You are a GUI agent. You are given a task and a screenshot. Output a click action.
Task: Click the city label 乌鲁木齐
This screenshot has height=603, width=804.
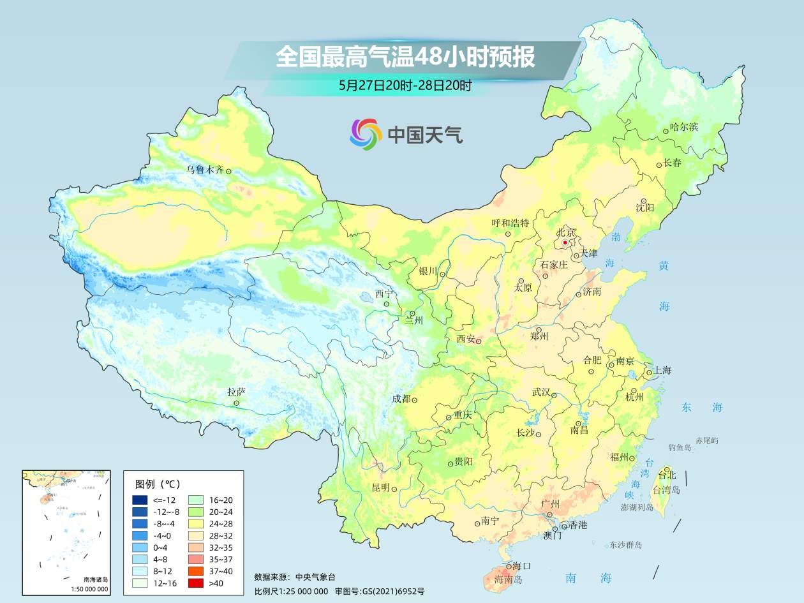coord(205,170)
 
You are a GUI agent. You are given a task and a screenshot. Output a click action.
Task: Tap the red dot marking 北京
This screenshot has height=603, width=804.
coord(565,242)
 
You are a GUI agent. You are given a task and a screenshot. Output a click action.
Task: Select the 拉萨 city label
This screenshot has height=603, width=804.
coord(236,392)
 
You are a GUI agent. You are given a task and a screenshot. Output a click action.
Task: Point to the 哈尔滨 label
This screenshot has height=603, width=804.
coord(684,126)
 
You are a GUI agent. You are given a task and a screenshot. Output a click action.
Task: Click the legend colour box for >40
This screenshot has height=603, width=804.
coord(195,583)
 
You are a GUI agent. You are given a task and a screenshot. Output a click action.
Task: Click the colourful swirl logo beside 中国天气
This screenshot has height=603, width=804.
coord(366,134)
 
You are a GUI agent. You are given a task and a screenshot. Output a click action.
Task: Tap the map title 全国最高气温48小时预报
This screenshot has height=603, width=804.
coord(405,57)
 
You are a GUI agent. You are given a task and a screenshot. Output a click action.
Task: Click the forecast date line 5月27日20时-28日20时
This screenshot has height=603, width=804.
coord(405,86)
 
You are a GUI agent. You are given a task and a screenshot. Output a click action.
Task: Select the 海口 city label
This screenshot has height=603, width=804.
coord(521,565)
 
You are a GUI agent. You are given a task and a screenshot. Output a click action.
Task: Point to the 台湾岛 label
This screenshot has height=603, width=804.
coord(666,490)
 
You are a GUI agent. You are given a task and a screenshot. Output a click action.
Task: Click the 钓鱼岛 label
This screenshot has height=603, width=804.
coord(680,447)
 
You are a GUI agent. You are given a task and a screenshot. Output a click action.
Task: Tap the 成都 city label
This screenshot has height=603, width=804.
coord(401,399)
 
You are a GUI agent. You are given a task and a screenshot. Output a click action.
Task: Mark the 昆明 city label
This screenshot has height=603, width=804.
coord(381,488)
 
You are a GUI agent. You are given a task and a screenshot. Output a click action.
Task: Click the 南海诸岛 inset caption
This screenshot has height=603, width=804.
coord(96,579)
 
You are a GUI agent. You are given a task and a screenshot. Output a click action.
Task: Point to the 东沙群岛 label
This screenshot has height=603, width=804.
coord(625,545)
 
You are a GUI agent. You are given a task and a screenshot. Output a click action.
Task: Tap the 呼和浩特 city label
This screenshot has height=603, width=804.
coord(510,223)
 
